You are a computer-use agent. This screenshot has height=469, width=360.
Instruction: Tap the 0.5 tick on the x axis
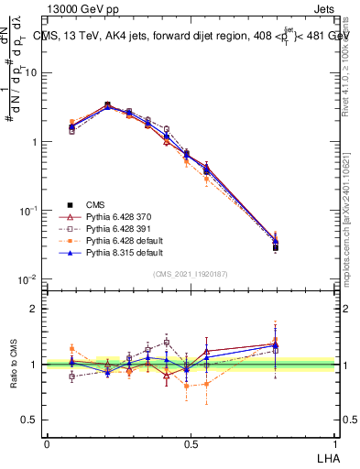[191, 443]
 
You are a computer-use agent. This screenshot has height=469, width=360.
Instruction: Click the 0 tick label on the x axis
[47, 443]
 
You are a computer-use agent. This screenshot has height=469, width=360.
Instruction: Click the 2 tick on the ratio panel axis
[36, 309]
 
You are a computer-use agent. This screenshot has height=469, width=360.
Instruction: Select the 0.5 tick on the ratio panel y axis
[32, 420]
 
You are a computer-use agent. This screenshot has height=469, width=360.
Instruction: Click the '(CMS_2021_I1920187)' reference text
[191, 274]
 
